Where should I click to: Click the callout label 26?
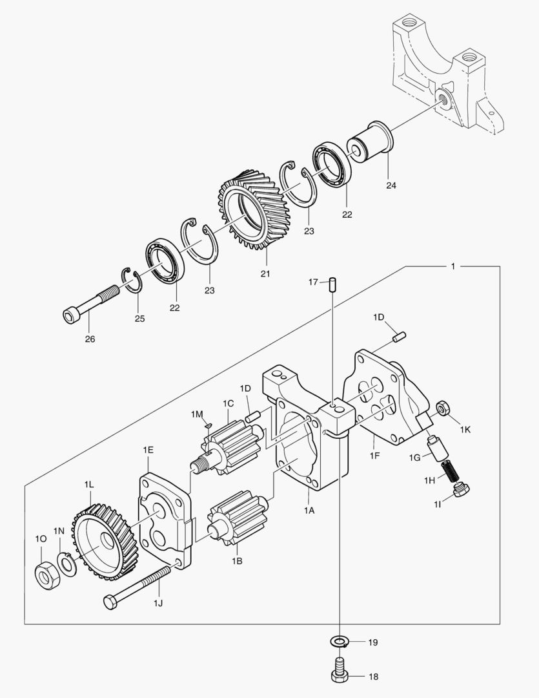pos(90,339)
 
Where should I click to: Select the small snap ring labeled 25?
pos(132,280)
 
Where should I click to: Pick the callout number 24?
pos(391,185)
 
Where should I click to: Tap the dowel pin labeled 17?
pos(332,285)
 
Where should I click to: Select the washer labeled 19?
pos(339,642)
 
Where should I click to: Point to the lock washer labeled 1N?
pos(67,564)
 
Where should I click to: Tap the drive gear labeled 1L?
pos(106,542)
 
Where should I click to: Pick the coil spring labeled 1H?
pos(451,471)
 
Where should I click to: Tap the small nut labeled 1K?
pos(442,408)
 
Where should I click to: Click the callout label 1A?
pos(309,511)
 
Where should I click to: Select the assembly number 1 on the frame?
pos(453,266)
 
